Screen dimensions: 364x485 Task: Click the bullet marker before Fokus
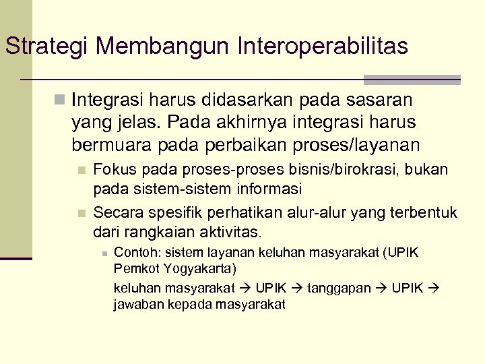coord(82,169)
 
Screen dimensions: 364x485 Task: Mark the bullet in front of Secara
coord(82,214)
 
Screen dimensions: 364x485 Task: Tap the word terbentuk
coord(424,213)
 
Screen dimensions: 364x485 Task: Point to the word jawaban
coord(135,304)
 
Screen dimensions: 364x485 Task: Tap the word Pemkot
coord(132,269)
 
